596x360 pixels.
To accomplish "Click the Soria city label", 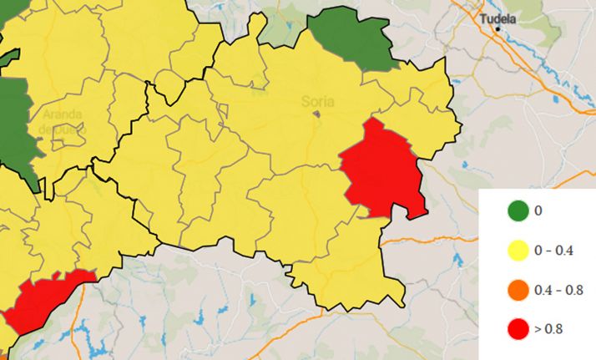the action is coord(317,102).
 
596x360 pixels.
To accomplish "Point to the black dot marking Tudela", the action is coord(498,29).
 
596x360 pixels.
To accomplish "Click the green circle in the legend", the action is coord(517,210).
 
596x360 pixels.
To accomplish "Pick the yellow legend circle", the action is coord(517,250).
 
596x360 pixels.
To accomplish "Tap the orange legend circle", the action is coord(517,290).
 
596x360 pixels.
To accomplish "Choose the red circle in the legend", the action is coord(517,329).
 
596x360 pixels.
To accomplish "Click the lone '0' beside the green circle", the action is coord(538,210).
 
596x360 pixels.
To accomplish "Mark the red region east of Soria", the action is coord(384,171).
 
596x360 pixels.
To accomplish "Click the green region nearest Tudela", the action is coord(351,38).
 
